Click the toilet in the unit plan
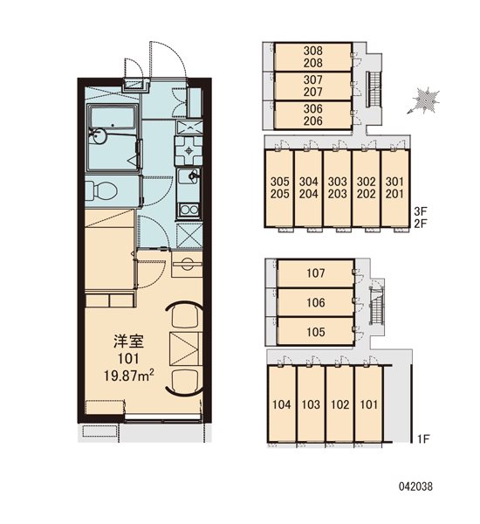point(101,191)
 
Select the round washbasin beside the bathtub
point(99,136)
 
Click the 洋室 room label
point(128,341)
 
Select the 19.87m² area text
point(129,376)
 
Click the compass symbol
point(424,100)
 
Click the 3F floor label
point(421,211)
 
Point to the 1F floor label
point(423,438)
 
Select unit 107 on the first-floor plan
point(316,273)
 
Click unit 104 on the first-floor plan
point(282,404)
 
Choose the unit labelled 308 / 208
point(313,57)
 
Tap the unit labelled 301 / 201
point(394,188)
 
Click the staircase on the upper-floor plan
point(374,89)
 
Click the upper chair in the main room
point(184,314)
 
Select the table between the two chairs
point(185,348)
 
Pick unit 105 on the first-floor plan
point(316,332)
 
